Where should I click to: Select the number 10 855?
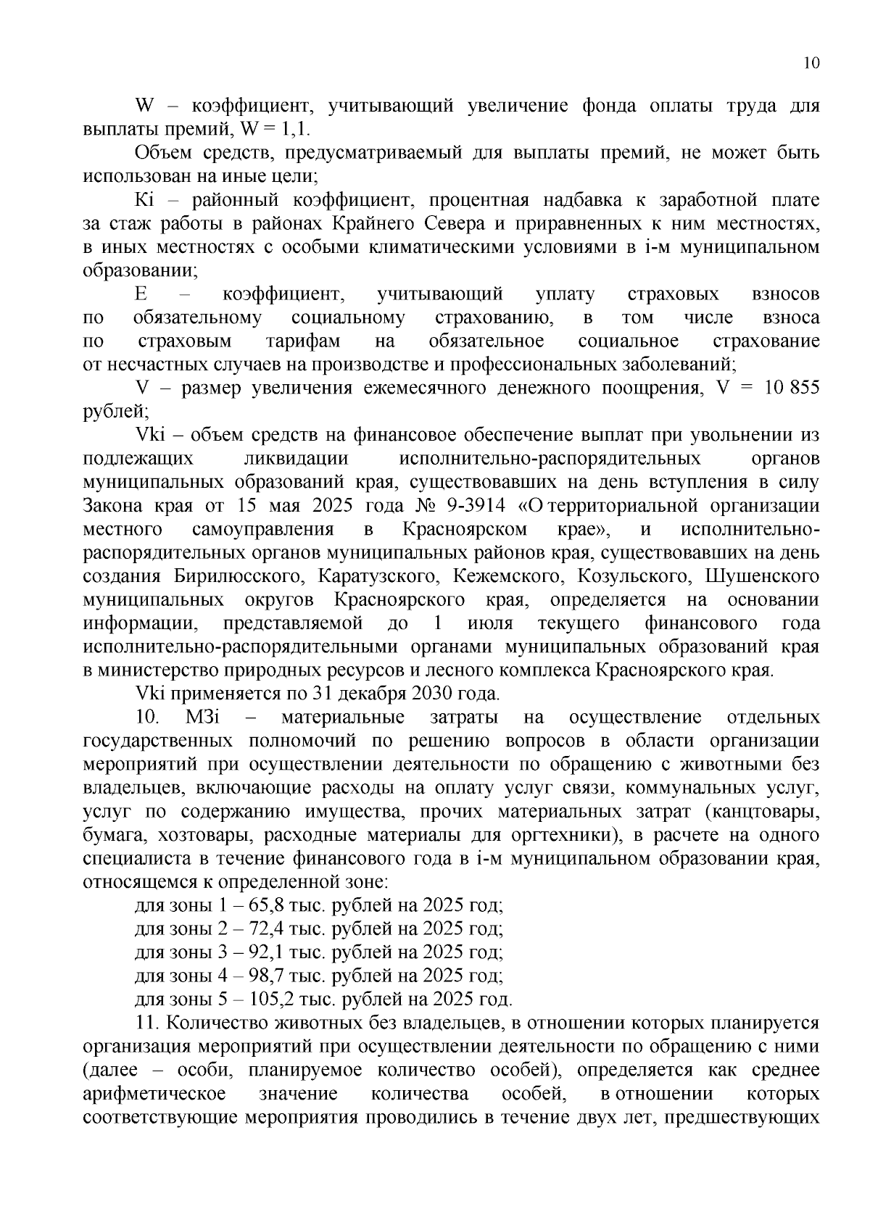click(792, 388)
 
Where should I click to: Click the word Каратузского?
click(378, 576)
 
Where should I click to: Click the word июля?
click(490, 623)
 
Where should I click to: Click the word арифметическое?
click(154, 1094)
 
